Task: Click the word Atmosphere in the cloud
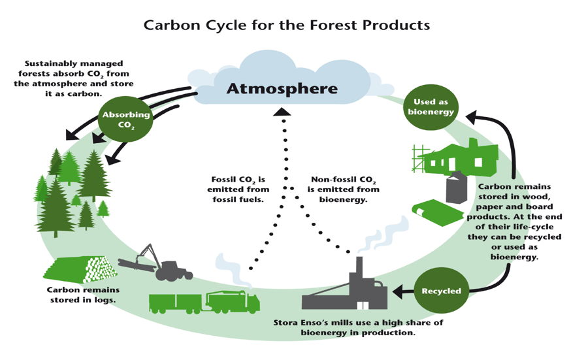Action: [282, 89]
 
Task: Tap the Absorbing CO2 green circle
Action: [126, 120]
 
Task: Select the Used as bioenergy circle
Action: [431, 107]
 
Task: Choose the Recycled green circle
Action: [442, 291]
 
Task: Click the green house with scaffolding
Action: [455, 157]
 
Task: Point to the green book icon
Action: [438, 212]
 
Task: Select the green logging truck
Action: [204, 302]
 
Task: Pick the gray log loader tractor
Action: [157, 265]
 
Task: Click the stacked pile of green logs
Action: [80, 269]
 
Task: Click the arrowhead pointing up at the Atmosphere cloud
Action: [282, 112]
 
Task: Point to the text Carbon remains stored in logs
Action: [83, 295]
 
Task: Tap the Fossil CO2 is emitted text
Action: [238, 184]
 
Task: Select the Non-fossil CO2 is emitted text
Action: [343, 184]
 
